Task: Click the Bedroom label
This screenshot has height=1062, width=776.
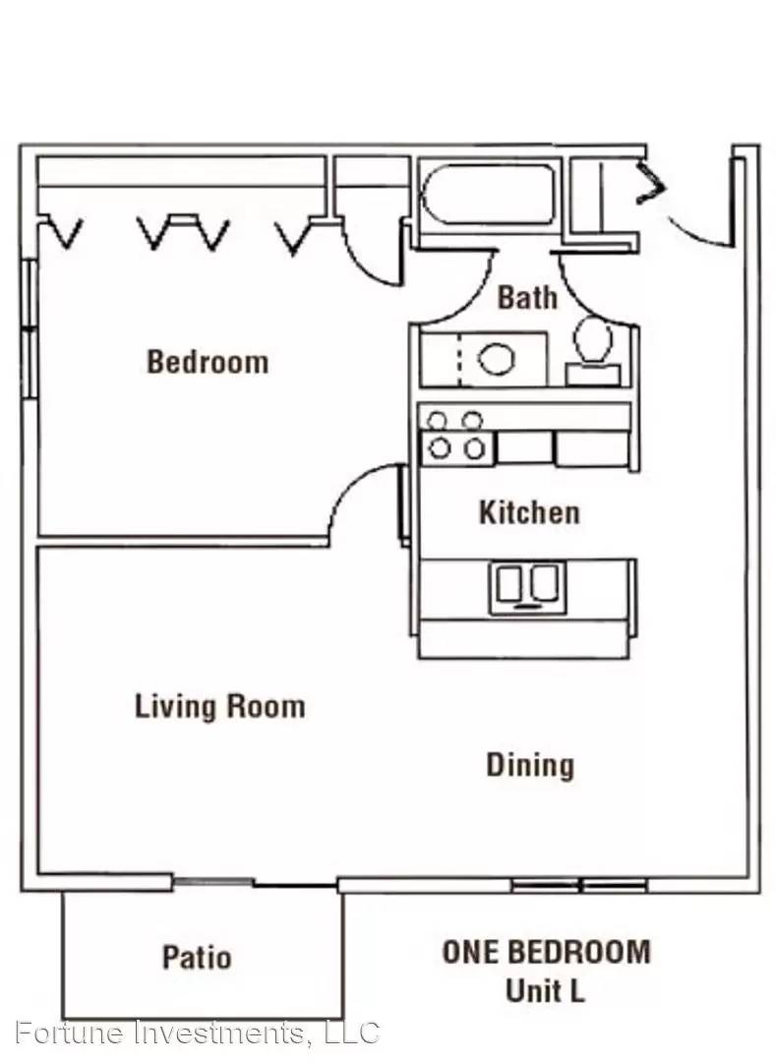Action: (208, 362)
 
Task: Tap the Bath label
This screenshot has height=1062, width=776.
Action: (527, 297)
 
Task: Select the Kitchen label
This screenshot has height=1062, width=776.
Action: (529, 512)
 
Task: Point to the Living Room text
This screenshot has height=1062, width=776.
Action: (220, 706)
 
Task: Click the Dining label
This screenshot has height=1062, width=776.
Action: (530, 765)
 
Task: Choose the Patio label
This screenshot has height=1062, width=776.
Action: (197, 957)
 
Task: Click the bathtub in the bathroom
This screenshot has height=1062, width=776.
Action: (488, 194)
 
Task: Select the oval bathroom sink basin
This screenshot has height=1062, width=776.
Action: (497, 359)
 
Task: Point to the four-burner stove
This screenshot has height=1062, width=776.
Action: (457, 439)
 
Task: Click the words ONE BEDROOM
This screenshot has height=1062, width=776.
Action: (547, 952)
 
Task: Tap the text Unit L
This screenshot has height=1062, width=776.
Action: (545, 991)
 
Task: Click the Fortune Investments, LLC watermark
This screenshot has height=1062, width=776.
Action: (197, 1032)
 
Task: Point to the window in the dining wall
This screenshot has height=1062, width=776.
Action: (579, 885)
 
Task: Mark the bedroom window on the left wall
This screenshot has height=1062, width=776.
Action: (28, 328)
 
